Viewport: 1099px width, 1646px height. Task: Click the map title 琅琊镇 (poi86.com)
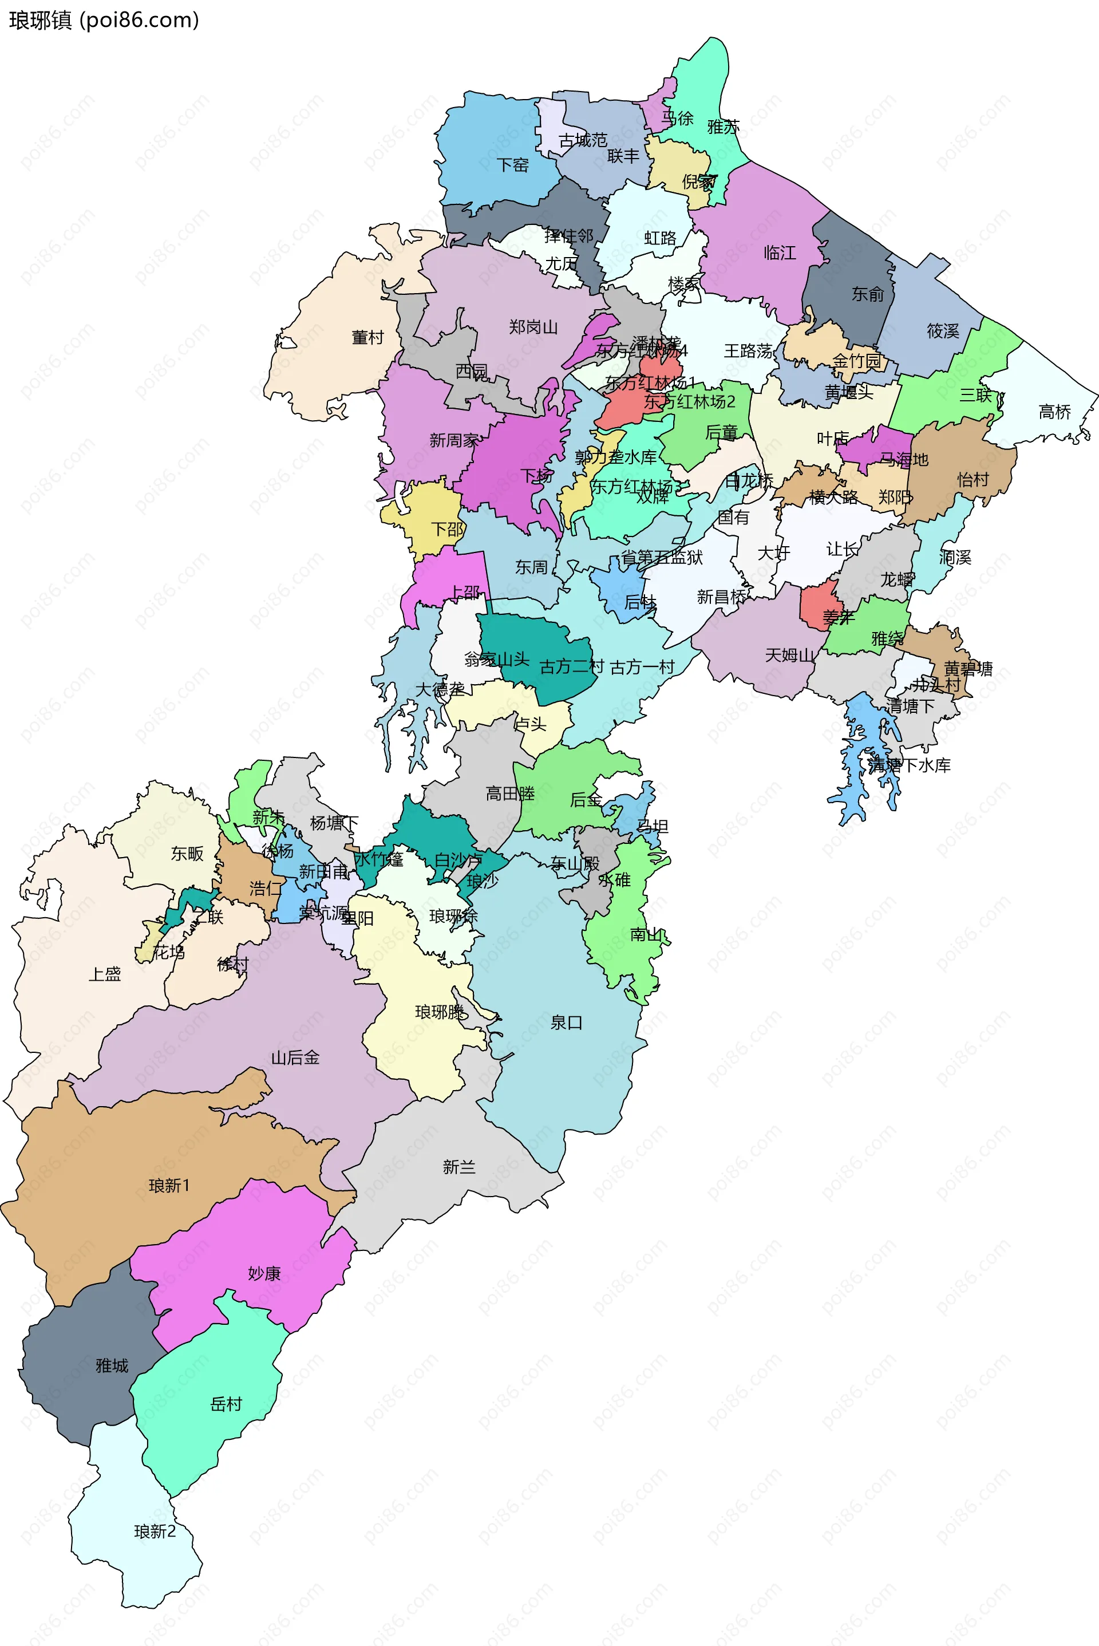coord(104,21)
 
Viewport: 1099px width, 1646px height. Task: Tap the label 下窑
coord(512,165)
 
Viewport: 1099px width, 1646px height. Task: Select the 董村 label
coord(367,338)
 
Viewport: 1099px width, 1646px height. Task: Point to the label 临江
coord(780,253)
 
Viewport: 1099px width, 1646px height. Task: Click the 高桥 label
coord(1054,412)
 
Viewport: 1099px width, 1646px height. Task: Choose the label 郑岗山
coord(533,327)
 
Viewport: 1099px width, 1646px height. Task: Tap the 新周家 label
coord(453,441)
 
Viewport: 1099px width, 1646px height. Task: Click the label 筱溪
coord(943,331)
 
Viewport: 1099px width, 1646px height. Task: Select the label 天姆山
coord(789,656)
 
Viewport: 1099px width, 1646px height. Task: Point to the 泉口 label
coord(566,1023)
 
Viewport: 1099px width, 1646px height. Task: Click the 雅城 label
coord(112,1365)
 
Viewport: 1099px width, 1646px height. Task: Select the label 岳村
coord(226,1404)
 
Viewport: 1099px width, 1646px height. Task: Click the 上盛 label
coord(104,974)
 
